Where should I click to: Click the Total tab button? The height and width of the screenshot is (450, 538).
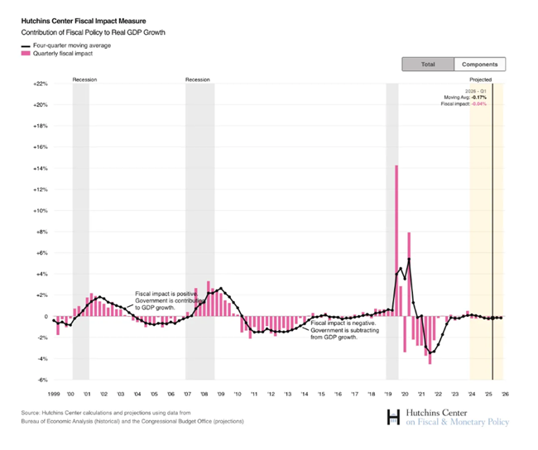point(428,64)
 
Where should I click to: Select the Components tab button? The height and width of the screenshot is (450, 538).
point(480,64)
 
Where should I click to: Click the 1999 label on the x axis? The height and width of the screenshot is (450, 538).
point(55,394)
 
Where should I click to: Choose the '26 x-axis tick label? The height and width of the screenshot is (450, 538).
point(504,394)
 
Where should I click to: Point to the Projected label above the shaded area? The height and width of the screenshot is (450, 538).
point(482,79)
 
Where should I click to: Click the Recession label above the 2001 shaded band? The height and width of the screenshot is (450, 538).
point(84,79)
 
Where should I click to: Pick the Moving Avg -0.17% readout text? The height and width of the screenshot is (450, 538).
point(465,98)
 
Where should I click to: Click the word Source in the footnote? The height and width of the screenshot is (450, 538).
point(31,413)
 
